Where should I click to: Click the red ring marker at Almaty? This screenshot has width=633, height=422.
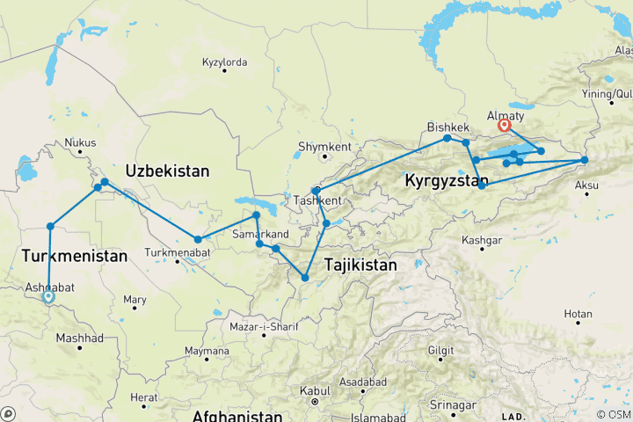[505, 125]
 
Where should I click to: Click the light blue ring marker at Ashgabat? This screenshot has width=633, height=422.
[48, 297]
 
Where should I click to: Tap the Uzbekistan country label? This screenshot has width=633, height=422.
[167, 171]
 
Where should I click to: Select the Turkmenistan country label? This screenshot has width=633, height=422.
[75, 256]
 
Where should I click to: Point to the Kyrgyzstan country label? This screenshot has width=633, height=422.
[447, 181]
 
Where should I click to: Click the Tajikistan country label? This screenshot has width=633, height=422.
[360, 264]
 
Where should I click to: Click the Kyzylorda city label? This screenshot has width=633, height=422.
[224, 62]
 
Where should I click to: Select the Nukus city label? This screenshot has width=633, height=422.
[80, 143]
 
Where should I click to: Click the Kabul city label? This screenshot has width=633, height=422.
[314, 390]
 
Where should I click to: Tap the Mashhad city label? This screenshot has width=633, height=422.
[79, 338]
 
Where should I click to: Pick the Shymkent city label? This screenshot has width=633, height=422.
[324, 146]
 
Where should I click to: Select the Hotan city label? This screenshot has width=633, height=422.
[578, 313]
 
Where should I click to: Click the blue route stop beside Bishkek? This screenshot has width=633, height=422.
[447, 138]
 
